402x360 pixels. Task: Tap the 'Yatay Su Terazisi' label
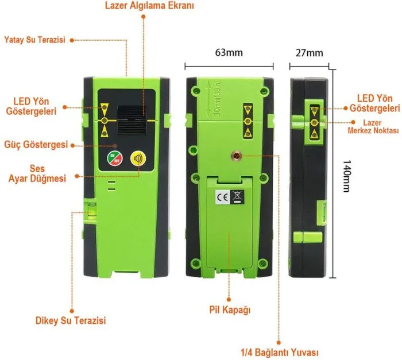click(34, 40)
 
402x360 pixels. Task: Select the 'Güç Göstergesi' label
click(36, 143)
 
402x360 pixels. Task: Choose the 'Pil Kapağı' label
click(230, 310)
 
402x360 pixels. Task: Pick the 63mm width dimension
click(229, 53)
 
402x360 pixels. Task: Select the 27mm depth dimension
click(309, 53)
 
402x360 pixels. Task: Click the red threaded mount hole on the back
click(235, 156)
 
